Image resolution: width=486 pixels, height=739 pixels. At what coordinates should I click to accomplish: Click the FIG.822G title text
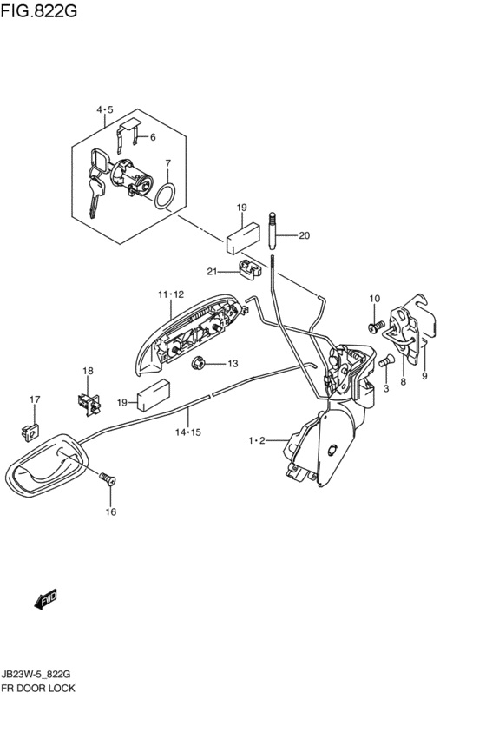tap(38, 10)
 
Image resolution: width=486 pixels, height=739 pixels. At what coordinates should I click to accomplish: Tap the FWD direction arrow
tap(46, 599)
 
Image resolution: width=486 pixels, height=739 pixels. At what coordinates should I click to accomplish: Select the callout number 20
tap(305, 234)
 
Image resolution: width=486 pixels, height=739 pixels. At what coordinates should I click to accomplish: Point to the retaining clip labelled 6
tap(129, 134)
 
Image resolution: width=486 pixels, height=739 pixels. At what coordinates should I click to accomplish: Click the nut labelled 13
tap(198, 363)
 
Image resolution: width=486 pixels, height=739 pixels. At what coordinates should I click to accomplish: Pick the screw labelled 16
tap(108, 479)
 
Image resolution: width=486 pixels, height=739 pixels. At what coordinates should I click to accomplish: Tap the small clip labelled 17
tap(30, 432)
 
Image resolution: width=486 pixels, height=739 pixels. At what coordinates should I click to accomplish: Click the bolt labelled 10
tap(375, 326)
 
